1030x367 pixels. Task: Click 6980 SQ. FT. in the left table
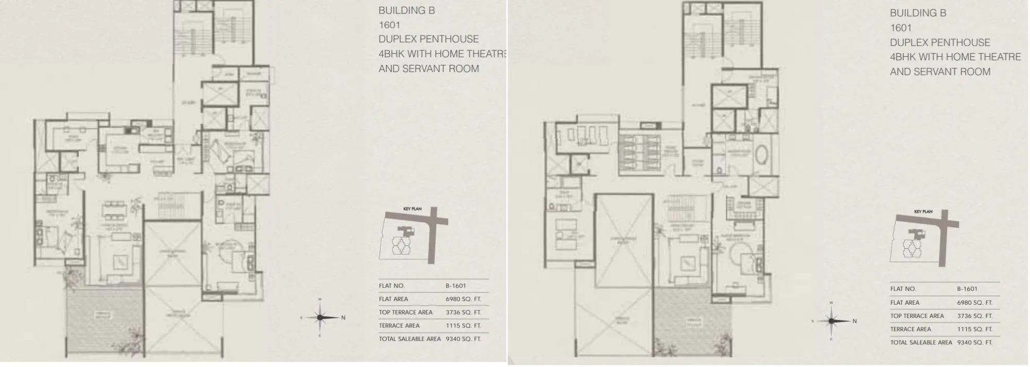[x=463, y=299]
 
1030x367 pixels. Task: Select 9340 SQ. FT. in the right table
[x=974, y=342]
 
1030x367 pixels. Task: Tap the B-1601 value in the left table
[x=455, y=286]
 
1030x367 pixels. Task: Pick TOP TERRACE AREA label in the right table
[x=917, y=316]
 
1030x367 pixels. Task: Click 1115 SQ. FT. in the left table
[x=463, y=326]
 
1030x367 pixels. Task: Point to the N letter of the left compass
[x=343, y=318]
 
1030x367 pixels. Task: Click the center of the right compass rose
[x=831, y=321]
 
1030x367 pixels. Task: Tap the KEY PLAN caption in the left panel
[x=412, y=209]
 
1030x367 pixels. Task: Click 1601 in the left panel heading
[x=389, y=25]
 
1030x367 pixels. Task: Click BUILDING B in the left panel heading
[x=406, y=10]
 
